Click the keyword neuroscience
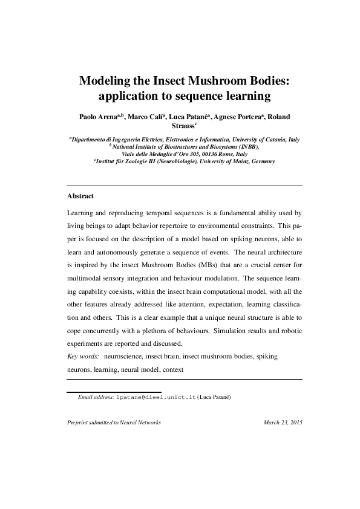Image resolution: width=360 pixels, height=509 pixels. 126,357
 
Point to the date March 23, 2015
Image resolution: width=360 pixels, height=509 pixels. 283,423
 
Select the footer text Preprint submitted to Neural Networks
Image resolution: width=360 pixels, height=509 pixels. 114,423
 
